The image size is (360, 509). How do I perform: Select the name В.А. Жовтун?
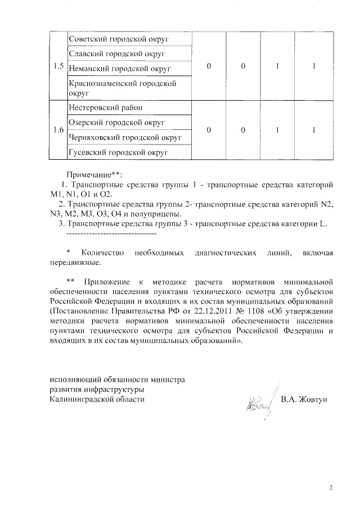(303, 399)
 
